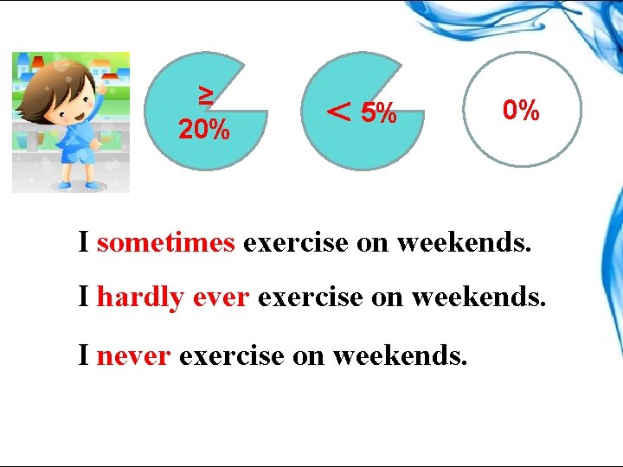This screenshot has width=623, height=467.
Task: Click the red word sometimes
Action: click(x=166, y=242)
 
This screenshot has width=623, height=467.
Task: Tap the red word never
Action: click(x=133, y=354)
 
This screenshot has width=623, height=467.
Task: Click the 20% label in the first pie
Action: click(x=203, y=131)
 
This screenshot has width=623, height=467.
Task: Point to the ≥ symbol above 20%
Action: click(x=206, y=93)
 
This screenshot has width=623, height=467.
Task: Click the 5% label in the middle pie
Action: click(x=379, y=112)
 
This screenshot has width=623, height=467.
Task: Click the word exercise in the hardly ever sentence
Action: click(x=310, y=297)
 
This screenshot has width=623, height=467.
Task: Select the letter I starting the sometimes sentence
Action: click(x=84, y=242)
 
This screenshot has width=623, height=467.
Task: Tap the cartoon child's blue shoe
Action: click(x=65, y=184)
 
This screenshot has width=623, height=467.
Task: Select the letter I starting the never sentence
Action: click(x=84, y=354)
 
